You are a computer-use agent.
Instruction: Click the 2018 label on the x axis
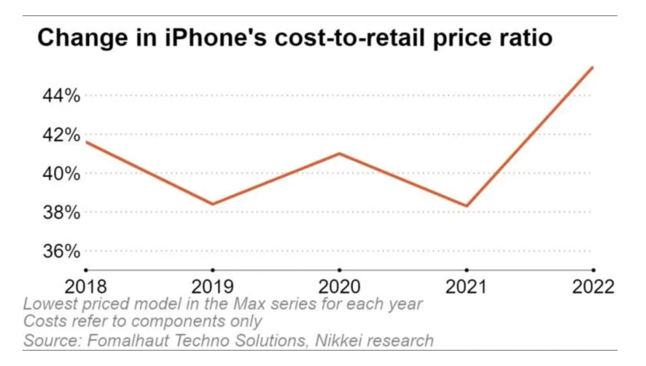coord(86,287)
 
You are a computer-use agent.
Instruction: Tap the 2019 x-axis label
coord(212,287)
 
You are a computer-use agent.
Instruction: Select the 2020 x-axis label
coord(339,287)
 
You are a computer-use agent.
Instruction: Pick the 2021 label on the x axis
coord(466,287)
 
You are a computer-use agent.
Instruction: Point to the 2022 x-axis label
coord(593,287)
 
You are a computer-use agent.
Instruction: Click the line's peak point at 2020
coord(339,153)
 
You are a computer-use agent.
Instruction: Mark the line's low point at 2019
coord(212,204)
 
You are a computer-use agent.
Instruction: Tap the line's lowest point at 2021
coord(466,206)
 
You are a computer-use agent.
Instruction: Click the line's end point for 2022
coord(593,67)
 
